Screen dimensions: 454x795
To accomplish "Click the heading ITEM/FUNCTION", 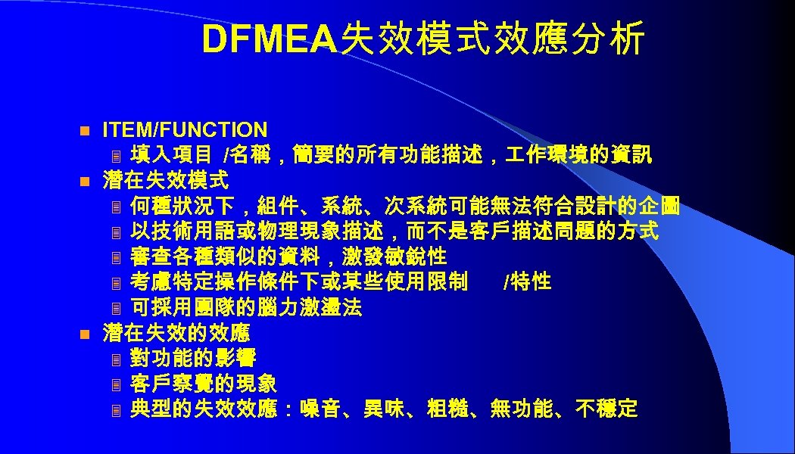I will (x=185, y=130).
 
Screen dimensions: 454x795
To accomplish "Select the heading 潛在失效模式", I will (x=166, y=181).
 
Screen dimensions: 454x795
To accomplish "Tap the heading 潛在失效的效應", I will (x=176, y=333).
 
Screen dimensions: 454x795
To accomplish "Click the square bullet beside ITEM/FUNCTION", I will (x=86, y=131).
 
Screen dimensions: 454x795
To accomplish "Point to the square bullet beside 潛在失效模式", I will (x=86, y=182).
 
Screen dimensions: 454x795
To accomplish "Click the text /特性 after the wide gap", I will (x=526, y=282).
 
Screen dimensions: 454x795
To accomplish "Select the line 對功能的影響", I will (x=193, y=359).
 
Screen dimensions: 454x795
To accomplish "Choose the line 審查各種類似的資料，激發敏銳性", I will (x=288, y=257).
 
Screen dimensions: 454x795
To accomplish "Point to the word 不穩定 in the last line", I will (x=606, y=409).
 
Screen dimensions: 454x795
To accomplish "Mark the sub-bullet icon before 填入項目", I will (x=116, y=157).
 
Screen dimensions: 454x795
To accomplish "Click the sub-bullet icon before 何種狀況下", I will (x=116, y=207).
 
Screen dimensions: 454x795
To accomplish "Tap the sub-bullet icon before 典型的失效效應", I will (x=116, y=410).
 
